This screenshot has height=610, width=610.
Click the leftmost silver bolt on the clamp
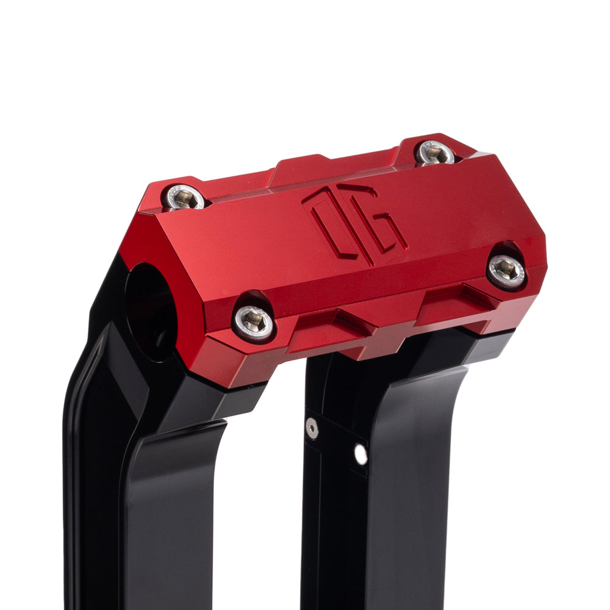185,198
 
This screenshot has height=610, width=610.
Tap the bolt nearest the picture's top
436,152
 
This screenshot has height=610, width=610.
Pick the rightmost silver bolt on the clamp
508,270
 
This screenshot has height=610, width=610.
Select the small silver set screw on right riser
312,428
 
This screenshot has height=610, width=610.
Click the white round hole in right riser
361,454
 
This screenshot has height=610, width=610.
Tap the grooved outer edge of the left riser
76,457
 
